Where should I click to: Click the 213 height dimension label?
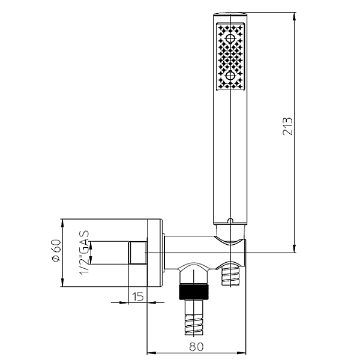287,126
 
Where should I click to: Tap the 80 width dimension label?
197,347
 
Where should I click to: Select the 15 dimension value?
138,296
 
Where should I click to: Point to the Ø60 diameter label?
56,250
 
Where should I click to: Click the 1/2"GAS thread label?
84,253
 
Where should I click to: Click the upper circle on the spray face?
230,38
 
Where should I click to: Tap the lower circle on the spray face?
230,76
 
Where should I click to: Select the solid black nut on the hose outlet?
194,292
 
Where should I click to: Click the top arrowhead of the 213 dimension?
295,16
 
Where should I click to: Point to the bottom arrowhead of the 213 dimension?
295,248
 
